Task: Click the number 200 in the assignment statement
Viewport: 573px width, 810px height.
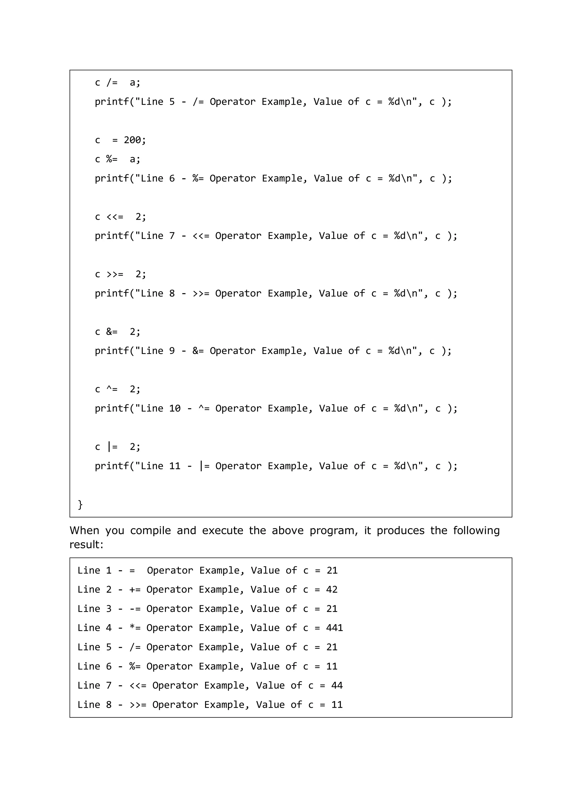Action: [132, 140]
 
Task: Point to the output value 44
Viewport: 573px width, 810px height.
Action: [337, 685]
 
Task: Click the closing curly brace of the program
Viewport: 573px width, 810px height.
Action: [80, 504]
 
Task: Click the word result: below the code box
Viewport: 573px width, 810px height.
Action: [86, 544]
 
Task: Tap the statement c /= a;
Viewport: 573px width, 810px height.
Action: [118, 83]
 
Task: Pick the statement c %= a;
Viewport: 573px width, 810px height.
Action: [118, 159]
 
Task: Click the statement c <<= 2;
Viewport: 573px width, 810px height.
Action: [120, 217]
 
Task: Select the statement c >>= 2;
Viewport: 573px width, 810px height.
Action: [120, 274]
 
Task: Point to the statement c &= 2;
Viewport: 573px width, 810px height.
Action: [118, 332]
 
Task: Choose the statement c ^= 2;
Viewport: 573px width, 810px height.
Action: [118, 389]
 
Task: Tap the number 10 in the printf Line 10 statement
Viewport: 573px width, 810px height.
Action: [175, 408]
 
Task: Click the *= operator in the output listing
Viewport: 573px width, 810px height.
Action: [135, 628]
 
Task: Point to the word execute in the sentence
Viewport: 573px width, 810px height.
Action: [222, 530]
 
